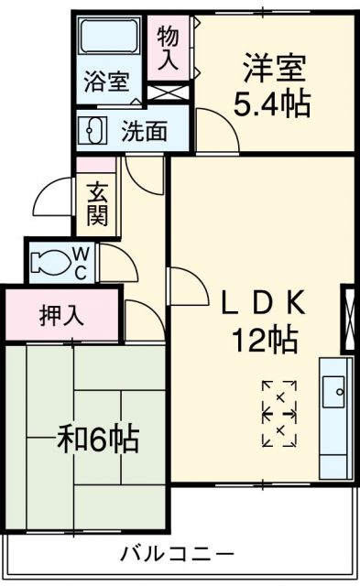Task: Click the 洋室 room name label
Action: (x=274, y=71)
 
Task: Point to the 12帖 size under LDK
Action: (x=264, y=341)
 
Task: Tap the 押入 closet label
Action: (x=62, y=316)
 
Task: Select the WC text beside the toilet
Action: (x=81, y=261)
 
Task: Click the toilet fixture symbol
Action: (x=48, y=263)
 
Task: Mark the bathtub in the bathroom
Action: (x=107, y=38)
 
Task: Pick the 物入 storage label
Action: (x=168, y=50)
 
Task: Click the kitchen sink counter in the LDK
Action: (x=335, y=417)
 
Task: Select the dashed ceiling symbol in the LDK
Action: (x=279, y=414)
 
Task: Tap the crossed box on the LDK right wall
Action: (x=348, y=320)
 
